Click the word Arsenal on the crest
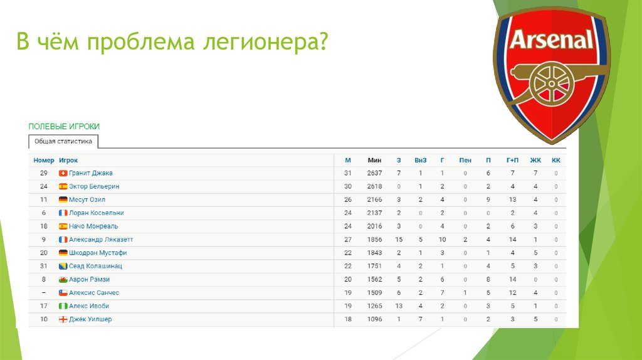[x=552, y=40]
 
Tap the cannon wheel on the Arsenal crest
[x=551, y=84]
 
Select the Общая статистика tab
[x=63, y=142]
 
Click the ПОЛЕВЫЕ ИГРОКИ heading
[x=64, y=127]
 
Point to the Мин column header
[x=374, y=161]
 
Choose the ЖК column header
[x=535, y=161]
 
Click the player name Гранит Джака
[x=91, y=173]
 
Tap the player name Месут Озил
[x=88, y=199]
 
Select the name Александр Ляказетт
[x=101, y=240]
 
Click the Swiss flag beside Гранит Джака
[x=63, y=173]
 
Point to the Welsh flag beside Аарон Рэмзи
[x=63, y=280]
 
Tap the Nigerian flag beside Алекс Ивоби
[x=63, y=306]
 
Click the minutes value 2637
[x=374, y=173]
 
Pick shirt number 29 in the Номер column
[x=44, y=173]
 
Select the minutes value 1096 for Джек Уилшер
[x=374, y=319]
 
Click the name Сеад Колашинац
[x=95, y=266]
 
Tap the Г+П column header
[x=512, y=161]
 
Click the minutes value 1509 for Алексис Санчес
[x=374, y=293]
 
